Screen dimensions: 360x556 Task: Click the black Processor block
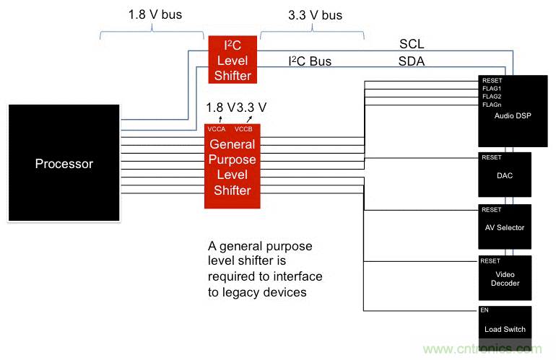64,163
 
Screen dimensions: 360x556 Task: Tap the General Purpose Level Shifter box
232,167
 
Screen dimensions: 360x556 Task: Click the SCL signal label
412,45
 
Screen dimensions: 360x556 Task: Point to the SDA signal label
412,62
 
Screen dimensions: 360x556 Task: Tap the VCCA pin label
217,129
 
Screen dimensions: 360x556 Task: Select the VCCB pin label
245,129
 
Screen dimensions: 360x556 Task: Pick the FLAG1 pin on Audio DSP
492,89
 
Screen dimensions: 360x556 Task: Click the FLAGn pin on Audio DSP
492,105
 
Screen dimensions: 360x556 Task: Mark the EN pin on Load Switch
485,310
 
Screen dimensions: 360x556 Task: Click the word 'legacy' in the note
235,292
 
